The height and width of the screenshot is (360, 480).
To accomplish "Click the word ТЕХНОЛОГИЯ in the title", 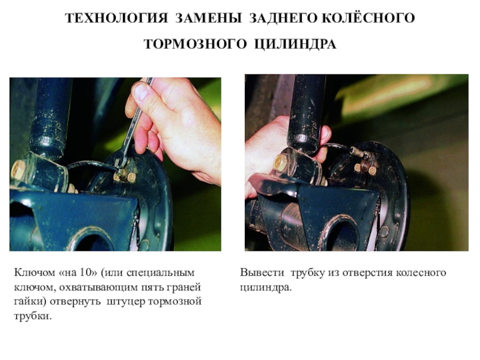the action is (116, 18).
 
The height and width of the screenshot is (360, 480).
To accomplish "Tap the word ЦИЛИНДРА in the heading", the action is (295, 44).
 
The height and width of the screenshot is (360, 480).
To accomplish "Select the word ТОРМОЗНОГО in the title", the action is (195, 44).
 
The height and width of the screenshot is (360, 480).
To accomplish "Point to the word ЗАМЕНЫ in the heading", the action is (208, 18).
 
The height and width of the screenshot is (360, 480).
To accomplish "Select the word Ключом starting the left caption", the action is (34, 272).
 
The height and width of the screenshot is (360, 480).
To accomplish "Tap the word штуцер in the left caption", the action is (126, 302).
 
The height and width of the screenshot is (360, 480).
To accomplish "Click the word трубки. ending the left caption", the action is (33, 316).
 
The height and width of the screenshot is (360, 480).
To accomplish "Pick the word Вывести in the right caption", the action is (262, 272).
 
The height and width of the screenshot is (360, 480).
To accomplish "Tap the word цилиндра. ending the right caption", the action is (266, 287).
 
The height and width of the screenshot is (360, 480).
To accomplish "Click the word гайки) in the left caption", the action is (30, 302).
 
